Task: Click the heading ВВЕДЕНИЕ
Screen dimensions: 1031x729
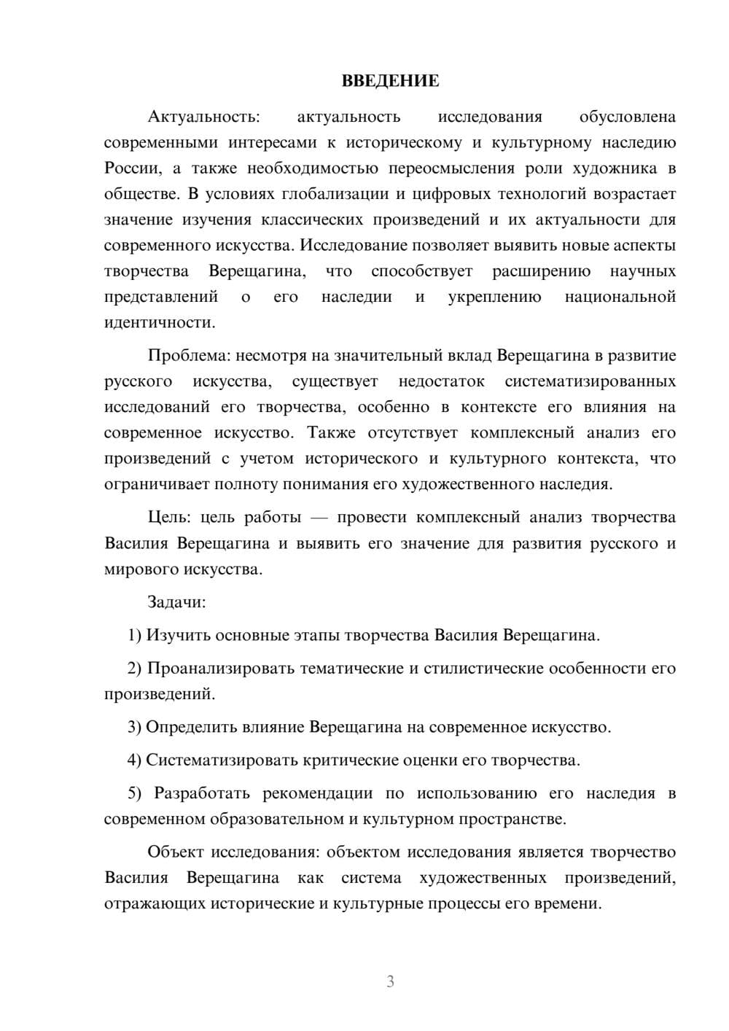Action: (x=390, y=81)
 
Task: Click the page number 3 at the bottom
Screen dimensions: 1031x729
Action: (x=390, y=981)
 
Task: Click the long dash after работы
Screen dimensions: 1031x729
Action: (x=319, y=518)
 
